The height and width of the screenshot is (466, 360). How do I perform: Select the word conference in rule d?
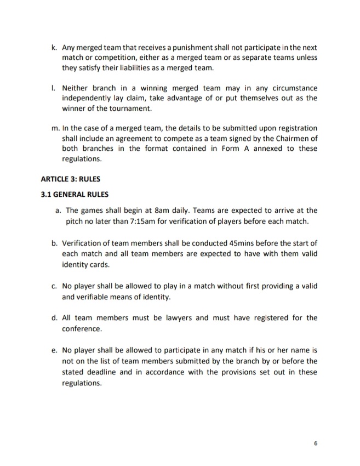coord(82,329)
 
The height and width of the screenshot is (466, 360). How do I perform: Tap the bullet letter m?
coord(54,128)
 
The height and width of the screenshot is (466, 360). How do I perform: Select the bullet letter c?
coord(54,286)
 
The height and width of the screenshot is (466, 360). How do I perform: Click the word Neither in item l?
coord(76,88)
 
